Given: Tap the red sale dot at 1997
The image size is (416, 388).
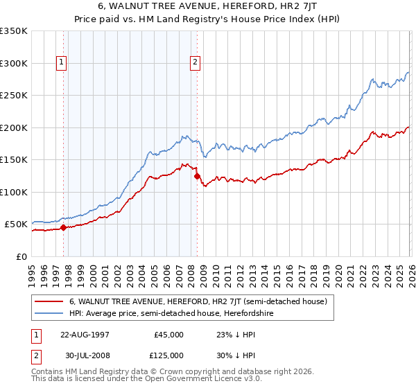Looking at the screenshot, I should tap(63, 227).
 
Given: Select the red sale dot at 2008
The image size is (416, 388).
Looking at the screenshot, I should tap(197, 176).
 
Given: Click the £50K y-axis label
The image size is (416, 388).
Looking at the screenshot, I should tap(16, 224).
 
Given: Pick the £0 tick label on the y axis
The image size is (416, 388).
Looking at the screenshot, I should tap(22, 257).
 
